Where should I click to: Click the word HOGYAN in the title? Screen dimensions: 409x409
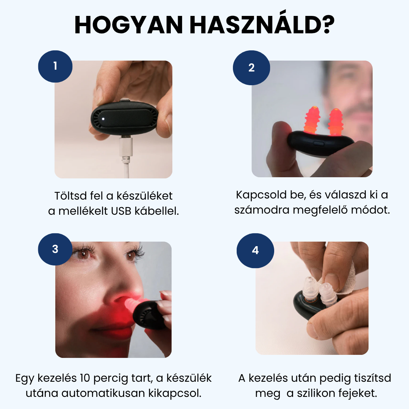(x=129, y=25)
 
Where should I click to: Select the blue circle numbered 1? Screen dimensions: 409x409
(x=55, y=66)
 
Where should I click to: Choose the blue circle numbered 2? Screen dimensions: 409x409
(x=251, y=67)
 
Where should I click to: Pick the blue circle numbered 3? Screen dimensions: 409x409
(x=55, y=249)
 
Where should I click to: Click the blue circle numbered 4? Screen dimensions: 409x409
(x=255, y=250)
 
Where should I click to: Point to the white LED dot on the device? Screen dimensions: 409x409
(x=103, y=119)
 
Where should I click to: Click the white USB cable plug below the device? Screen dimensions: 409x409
(x=126, y=147)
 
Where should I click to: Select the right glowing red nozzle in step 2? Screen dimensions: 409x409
(x=336, y=122)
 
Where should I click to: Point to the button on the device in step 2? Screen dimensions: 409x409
(x=318, y=143)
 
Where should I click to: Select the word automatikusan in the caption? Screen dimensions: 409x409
(x=103, y=393)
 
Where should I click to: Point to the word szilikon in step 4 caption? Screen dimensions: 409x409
(x=316, y=393)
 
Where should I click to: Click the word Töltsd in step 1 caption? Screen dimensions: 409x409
(x=70, y=196)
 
